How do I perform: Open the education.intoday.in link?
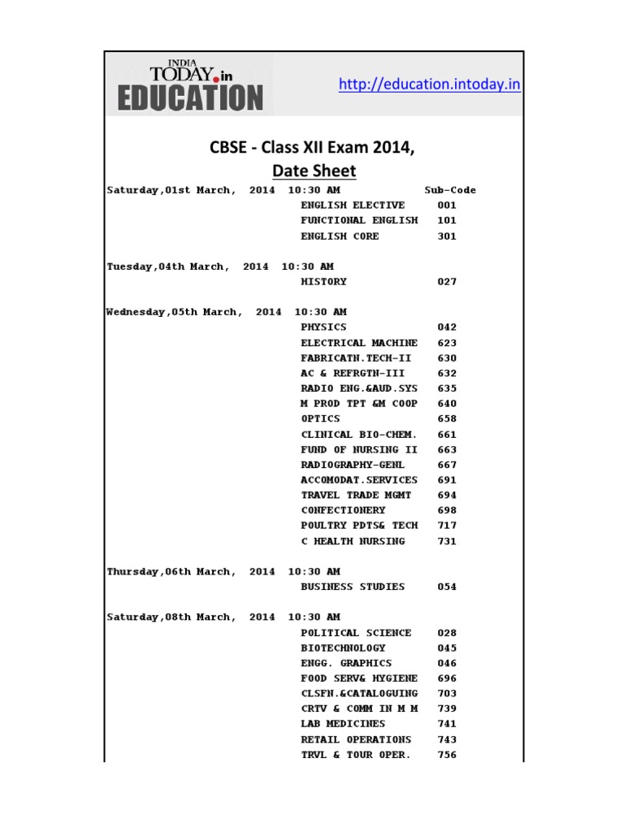click(x=429, y=84)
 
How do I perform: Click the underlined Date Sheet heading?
click(x=314, y=171)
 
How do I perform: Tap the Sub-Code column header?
click(x=450, y=190)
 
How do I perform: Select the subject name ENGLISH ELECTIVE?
click(x=353, y=206)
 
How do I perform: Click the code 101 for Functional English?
click(x=447, y=220)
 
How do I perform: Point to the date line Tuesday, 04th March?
click(x=219, y=266)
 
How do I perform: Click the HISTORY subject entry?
click(x=323, y=282)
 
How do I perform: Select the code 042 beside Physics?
click(x=447, y=327)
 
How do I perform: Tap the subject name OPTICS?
click(x=320, y=418)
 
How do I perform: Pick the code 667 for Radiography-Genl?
click(x=447, y=465)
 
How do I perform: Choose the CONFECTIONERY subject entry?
click(x=343, y=510)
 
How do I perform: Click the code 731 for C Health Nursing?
click(x=447, y=541)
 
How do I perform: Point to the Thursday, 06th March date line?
click(x=223, y=571)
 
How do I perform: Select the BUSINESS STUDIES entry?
click(x=353, y=587)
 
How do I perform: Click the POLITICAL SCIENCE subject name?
click(x=356, y=632)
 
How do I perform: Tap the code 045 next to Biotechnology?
click(x=447, y=648)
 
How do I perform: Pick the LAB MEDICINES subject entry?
click(x=343, y=724)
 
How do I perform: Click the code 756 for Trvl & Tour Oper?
click(x=447, y=755)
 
